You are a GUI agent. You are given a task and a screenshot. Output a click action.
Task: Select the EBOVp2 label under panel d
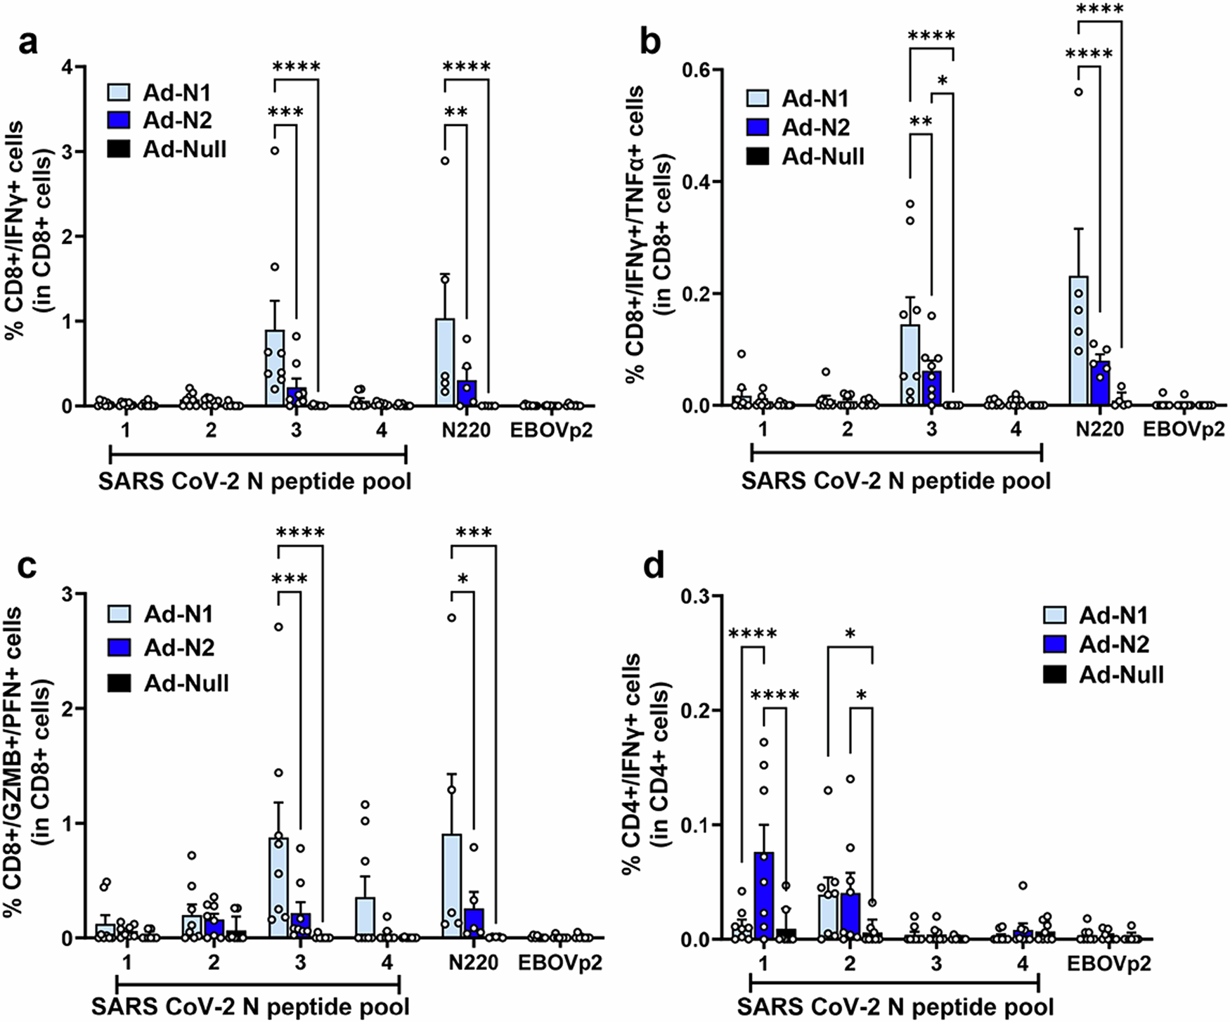[1109, 963]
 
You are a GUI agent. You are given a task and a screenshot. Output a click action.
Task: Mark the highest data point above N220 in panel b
[1078, 91]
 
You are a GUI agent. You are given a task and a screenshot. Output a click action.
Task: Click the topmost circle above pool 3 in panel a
[276, 150]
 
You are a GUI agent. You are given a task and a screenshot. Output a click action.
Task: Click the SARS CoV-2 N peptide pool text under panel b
[896, 481]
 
